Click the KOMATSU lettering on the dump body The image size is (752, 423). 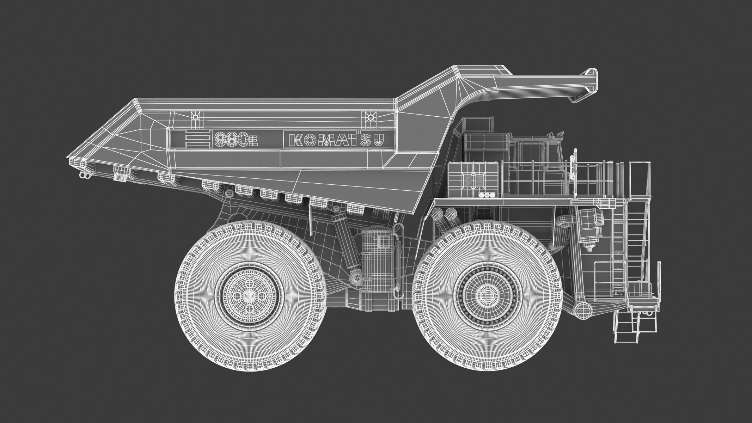tap(336, 140)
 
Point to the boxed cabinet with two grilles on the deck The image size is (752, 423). tap(472, 178)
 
